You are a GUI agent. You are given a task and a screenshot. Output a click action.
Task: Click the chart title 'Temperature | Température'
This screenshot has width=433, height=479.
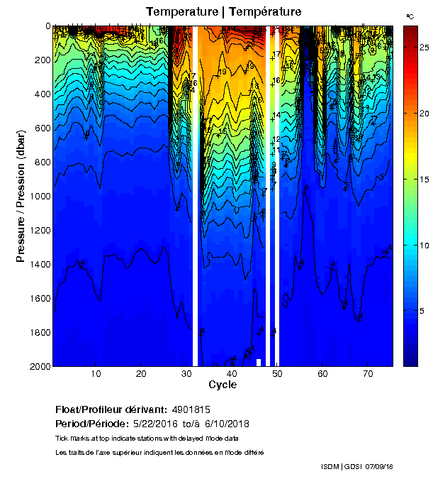pos(224,11)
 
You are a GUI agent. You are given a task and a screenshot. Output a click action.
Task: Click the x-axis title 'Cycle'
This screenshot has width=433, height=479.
pos(223,385)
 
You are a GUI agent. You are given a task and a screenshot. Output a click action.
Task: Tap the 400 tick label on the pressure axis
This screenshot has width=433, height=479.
pos(38,94)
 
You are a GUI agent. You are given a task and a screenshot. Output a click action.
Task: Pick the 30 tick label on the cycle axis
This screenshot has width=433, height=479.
pos(186,373)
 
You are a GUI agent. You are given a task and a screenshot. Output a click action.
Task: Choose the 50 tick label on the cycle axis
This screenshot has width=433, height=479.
pos(277,373)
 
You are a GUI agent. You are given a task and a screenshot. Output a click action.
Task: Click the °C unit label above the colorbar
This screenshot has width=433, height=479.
pos(410,16)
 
